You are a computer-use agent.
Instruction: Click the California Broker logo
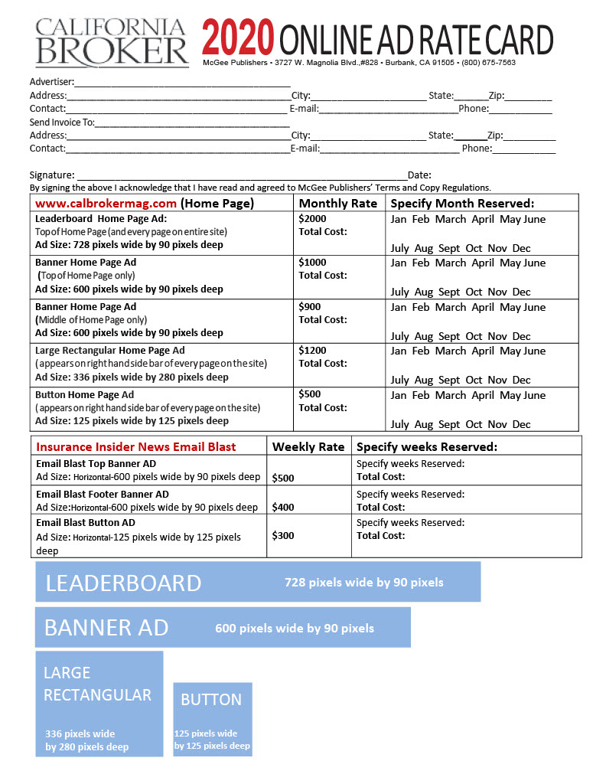click(x=112, y=42)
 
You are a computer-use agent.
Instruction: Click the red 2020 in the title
click(x=238, y=38)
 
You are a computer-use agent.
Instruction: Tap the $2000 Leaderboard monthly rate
click(x=312, y=218)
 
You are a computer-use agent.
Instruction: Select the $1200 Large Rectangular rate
click(x=312, y=350)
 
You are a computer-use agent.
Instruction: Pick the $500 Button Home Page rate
click(x=309, y=394)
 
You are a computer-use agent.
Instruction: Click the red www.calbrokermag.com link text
click(x=106, y=203)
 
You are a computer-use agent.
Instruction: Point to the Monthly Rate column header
click(x=337, y=203)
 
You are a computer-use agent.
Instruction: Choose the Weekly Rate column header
click(x=308, y=446)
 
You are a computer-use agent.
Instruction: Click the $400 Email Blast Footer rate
click(x=282, y=507)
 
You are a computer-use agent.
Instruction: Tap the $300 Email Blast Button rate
click(x=282, y=535)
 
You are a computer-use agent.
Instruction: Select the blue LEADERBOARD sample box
click(x=258, y=582)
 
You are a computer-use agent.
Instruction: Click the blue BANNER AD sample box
click(x=223, y=628)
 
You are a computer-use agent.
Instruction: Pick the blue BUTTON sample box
click(x=212, y=719)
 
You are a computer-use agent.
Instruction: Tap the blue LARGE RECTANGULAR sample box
click(x=99, y=704)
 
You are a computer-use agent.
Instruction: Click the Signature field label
click(x=52, y=175)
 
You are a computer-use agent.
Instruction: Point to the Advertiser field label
click(x=51, y=81)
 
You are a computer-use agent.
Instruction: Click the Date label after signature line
click(x=419, y=175)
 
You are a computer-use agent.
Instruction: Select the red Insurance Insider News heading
click(x=136, y=446)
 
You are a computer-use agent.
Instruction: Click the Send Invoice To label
click(x=62, y=122)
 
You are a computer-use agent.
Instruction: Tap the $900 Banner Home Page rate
click(x=309, y=306)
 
